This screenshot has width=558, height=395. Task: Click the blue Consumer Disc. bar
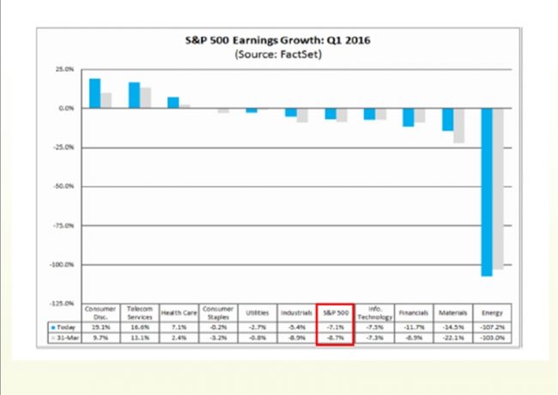pyautogui.click(x=94, y=93)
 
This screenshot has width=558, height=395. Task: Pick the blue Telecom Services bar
pyautogui.click(x=134, y=94)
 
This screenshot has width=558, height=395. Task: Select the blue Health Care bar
pyautogui.click(x=173, y=102)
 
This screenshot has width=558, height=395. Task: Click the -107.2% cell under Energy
pyautogui.click(x=491, y=327)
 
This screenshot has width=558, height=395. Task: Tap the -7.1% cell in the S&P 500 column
pyautogui.click(x=336, y=327)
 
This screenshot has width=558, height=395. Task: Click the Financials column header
pyautogui.click(x=413, y=313)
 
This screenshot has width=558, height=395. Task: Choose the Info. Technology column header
pyautogui.click(x=374, y=313)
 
